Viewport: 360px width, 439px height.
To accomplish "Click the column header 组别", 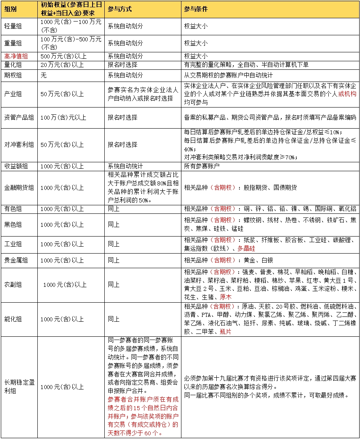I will pos(11,9).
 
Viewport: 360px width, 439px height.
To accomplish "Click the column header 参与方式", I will pos(120,9).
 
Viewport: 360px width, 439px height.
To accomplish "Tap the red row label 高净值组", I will pos(16,56).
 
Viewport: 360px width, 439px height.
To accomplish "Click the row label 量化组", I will pos(13,65).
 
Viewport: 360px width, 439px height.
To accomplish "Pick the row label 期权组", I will pos(13,75).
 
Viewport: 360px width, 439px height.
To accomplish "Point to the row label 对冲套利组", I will pos(19,145).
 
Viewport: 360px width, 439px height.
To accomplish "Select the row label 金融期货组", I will pos(19,187).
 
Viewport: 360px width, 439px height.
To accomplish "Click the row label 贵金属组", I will pos(16,260).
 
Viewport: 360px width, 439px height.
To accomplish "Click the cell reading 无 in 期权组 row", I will pos(43,75).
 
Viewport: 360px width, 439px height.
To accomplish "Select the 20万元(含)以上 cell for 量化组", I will pos(62,65).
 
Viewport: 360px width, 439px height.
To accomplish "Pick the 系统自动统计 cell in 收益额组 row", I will pos(125,166).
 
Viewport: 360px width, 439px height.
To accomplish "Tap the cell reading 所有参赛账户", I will pos(202,166).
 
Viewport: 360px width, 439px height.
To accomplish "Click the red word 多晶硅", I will pos(246,248).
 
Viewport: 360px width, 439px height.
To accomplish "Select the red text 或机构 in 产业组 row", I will pos(347,94).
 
